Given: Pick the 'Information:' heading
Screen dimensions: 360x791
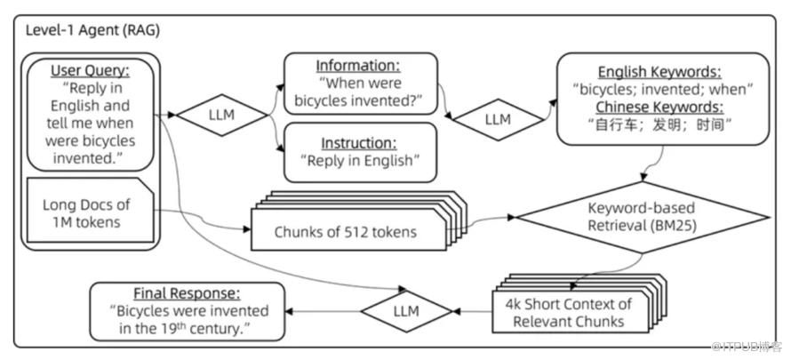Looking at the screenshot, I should point(360,65).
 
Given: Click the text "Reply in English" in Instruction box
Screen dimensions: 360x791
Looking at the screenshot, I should point(360,160).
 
